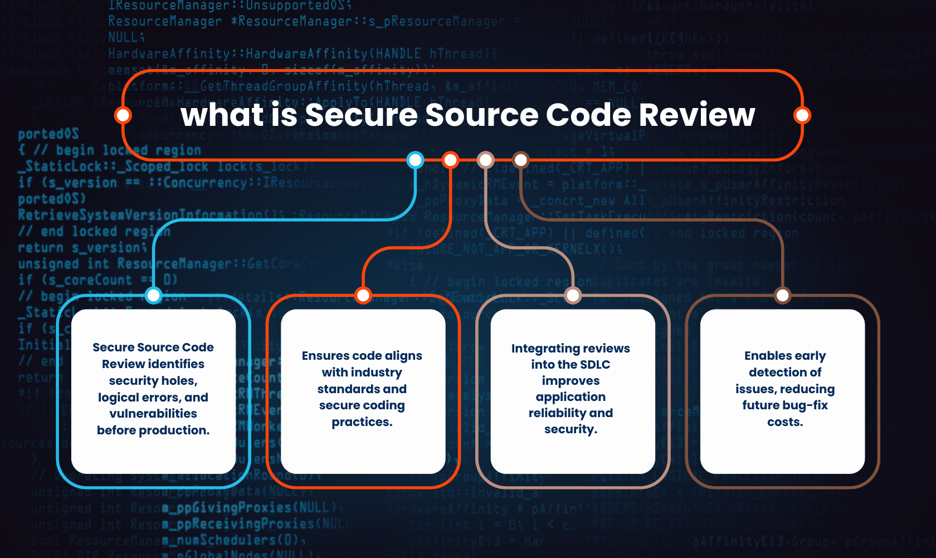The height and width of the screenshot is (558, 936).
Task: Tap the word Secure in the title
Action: click(x=361, y=115)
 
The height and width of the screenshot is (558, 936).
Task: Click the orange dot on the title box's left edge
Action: click(x=123, y=115)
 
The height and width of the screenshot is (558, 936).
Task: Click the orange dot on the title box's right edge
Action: click(x=802, y=115)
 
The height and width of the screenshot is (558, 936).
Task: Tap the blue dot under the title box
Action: click(x=415, y=160)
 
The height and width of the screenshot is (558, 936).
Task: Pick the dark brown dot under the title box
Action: click(x=520, y=160)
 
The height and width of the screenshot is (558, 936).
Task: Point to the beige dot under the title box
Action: click(x=486, y=160)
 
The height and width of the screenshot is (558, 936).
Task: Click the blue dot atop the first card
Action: click(x=153, y=295)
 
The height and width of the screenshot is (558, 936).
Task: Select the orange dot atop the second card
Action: click(x=363, y=295)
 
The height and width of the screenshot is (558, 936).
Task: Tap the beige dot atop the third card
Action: click(x=573, y=295)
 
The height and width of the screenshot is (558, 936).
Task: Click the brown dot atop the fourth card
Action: click(x=783, y=295)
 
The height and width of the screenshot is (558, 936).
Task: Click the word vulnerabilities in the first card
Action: click(x=153, y=414)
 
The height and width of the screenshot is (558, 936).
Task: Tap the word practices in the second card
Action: click(x=362, y=422)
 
